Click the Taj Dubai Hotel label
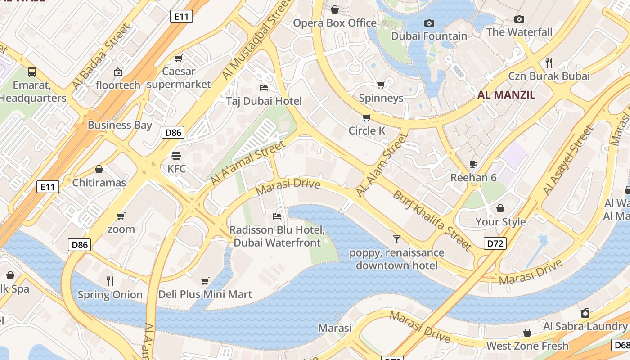[x=264, y=101]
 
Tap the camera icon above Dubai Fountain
[x=429, y=23]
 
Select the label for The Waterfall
[x=519, y=32]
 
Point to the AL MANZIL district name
[x=506, y=95]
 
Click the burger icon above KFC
[x=176, y=156]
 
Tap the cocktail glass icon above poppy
[x=396, y=239]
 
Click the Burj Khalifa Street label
[x=432, y=220]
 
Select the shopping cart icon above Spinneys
[x=381, y=85]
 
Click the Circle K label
[x=367, y=130]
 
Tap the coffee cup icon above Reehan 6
[x=473, y=164]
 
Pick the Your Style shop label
[x=500, y=221]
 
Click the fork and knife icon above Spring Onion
[x=110, y=281]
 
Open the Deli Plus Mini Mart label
[x=205, y=294]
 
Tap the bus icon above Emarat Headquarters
[x=32, y=72]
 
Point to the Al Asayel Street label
[x=568, y=160]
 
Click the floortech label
[x=118, y=85]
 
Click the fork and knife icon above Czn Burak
[x=549, y=63]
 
